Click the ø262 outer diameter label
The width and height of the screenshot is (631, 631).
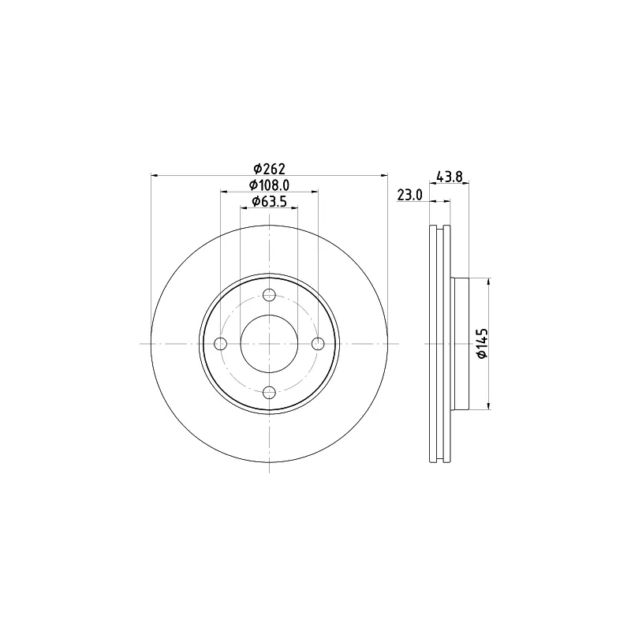tap(269, 167)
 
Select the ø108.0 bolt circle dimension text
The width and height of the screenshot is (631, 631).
tap(269, 185)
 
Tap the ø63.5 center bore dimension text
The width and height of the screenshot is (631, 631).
tap(269, 201)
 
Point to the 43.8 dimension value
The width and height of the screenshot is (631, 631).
tap(450, 176)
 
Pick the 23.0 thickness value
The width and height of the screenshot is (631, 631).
tap(409, 195)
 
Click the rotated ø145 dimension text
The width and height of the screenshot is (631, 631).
tap(482, 343)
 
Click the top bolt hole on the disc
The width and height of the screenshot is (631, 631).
tap(269, 295)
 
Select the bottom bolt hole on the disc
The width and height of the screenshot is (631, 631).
tap(269, 392)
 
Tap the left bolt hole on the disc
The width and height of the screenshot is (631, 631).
tap(221, 344)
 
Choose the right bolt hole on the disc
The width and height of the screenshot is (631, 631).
tap(318, 344)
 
